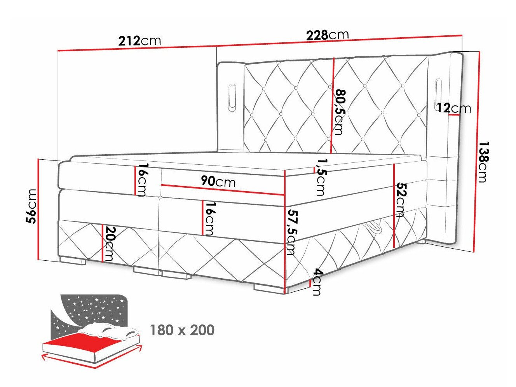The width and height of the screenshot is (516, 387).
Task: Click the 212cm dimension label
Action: click(139, 41)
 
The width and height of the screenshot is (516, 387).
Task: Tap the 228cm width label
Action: click(327, 35)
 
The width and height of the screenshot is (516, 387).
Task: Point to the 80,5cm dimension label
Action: click(339, 112)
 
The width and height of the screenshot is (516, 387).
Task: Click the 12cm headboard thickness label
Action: click(453, 108)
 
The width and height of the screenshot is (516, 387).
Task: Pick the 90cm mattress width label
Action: click(218, 181)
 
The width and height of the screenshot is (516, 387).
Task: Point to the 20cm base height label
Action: click(110, 244)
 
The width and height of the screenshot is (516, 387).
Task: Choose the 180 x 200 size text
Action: click(182, 330)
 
